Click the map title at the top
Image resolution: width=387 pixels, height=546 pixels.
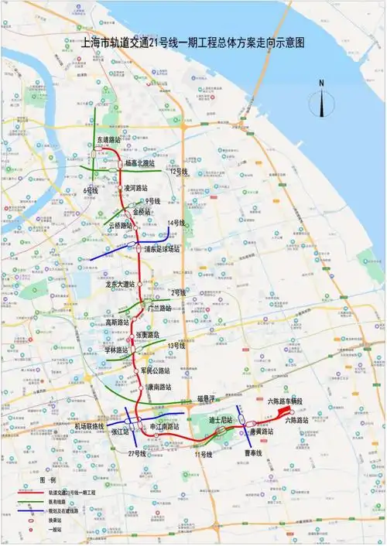[x=193, y=43]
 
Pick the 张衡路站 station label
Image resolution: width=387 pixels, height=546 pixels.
[x=148, y=335]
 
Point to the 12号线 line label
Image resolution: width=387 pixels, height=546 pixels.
[x=180, y=171]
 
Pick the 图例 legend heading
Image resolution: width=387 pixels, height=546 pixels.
[x=48, y=479]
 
